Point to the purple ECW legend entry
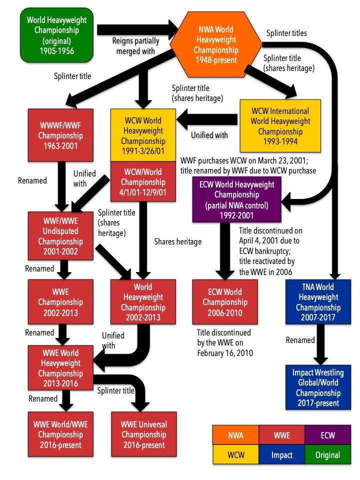pos(328,435)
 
